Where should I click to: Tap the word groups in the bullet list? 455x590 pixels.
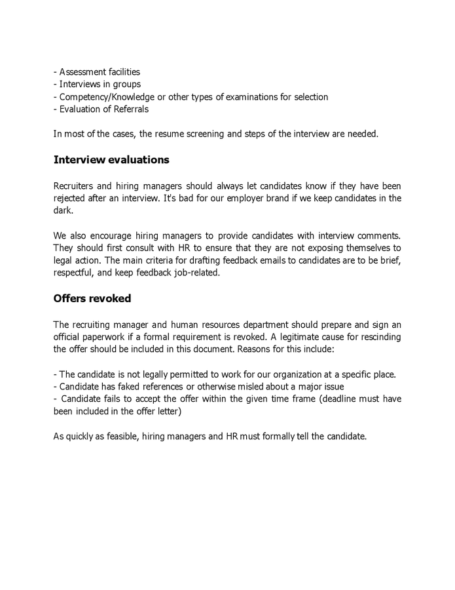pyautogui.click(x=127, y=85)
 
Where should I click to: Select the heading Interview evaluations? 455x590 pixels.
pyautogui.click(x=111, y=160)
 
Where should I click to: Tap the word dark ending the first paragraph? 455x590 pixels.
pyautogui.click(x=64, y=211)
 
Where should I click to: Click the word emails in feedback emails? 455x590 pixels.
pyautogui.click(x=272, y=261)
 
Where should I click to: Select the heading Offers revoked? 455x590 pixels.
pyautogui.click(x=92, y=299)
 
